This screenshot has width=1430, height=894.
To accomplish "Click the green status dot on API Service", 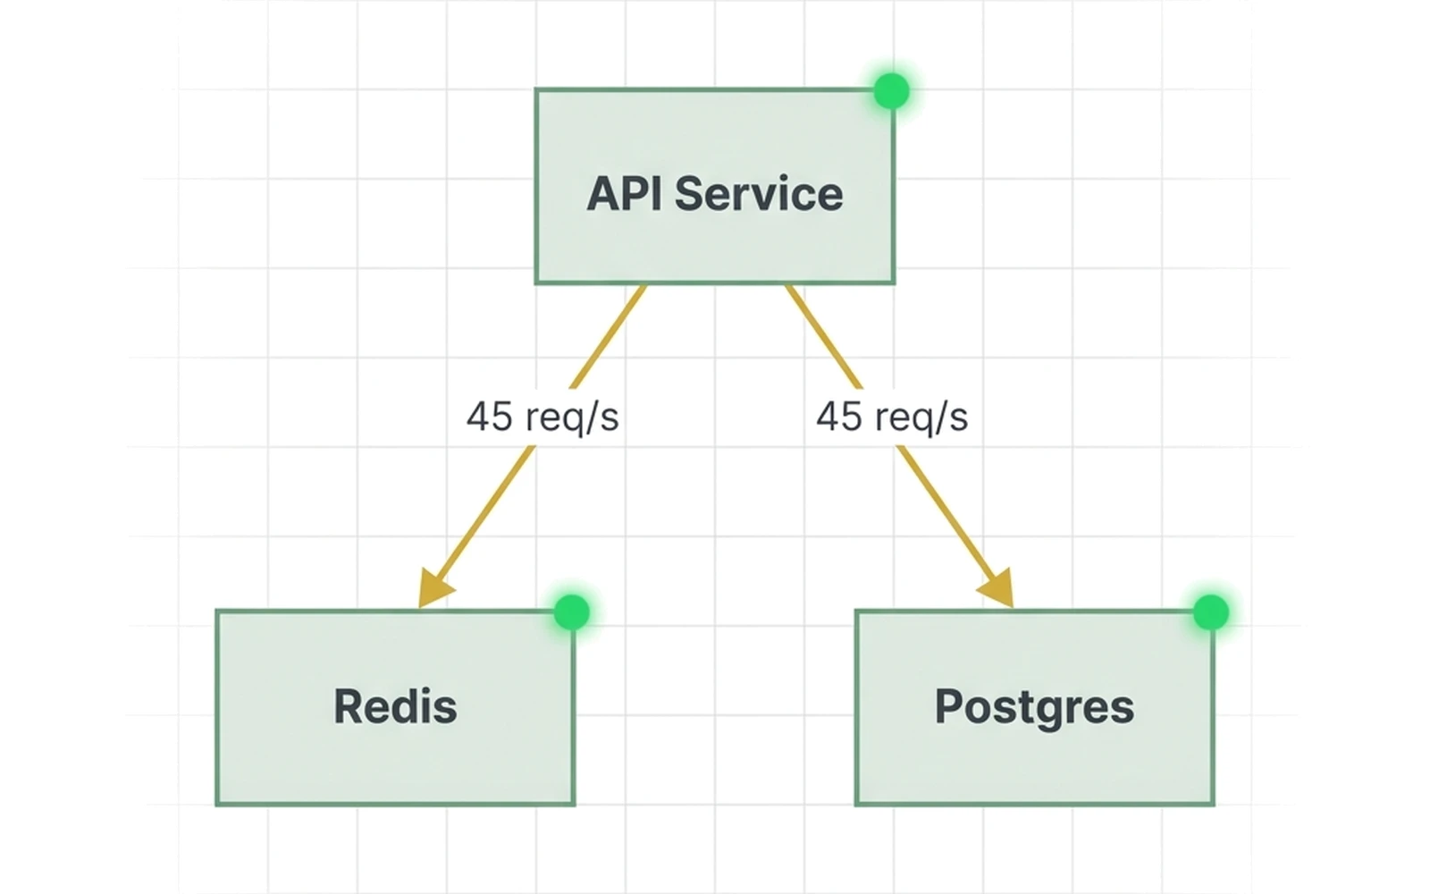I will (x=891, y=91).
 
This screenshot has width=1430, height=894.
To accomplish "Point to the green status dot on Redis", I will (x=571, y=612).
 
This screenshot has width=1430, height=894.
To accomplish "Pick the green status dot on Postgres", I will (x=1211, y=612).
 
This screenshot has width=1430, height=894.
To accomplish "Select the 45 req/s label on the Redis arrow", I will (x=543, y=417).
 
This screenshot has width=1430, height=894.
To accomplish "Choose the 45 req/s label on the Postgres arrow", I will (x=892, y=417).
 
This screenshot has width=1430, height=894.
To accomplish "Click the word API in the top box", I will (x=624, y=194).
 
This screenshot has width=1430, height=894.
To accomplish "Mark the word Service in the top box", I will (x=758, y=194).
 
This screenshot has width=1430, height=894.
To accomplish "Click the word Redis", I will (x=395, y=706).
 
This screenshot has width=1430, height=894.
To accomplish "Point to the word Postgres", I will (x=1034, y=708).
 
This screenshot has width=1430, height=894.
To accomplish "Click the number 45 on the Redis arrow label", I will (x=489, y=417).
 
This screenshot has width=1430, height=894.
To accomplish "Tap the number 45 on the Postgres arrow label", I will (x=838, y=417).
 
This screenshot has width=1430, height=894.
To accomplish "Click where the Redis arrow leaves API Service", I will (x=643, y=288).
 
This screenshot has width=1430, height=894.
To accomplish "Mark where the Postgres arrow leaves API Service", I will (x=788, y=288).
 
